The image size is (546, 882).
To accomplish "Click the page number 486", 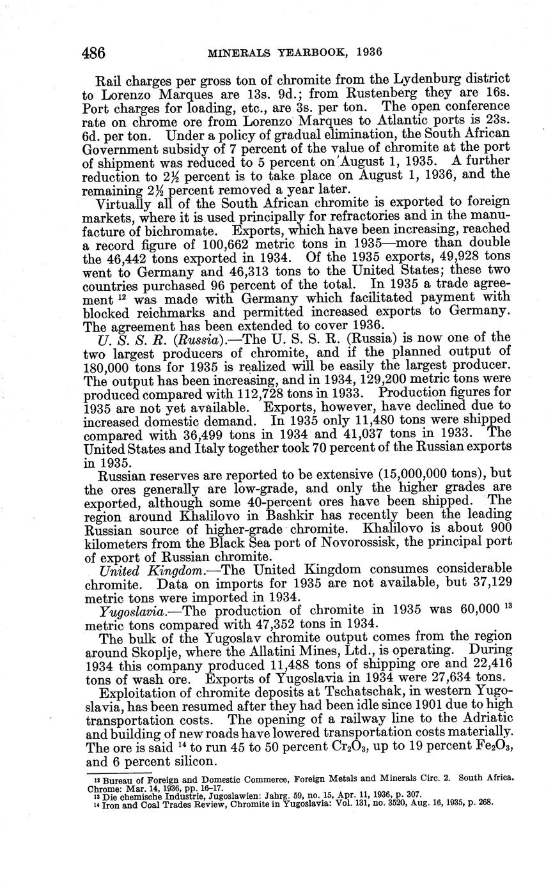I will pos(93,52).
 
